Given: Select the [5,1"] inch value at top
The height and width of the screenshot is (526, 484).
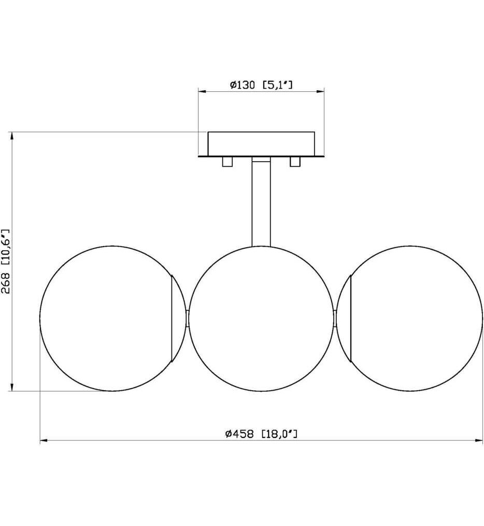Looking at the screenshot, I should (278, 85).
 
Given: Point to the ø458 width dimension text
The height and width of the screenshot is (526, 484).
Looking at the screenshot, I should (239, 434).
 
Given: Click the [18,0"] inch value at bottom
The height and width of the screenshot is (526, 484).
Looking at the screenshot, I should (280, 434).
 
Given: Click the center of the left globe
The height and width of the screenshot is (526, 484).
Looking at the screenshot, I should (112, 319).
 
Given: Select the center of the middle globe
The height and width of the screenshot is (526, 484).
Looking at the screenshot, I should (261, 319).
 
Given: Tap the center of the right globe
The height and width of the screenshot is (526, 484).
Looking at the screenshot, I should (410, 319).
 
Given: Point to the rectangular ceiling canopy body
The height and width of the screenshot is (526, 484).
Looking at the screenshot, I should (261, 144).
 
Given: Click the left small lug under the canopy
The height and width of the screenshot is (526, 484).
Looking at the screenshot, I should (226, 162).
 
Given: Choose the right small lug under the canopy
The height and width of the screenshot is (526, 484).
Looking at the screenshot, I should (295, 162).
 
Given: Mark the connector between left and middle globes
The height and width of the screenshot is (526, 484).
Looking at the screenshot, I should (187, 319).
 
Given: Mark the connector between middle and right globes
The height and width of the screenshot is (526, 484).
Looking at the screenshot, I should (336, 319).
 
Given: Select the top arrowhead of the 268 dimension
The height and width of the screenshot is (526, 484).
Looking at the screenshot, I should (11, 136).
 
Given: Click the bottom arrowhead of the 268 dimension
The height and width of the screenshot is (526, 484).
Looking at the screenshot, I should (11, 388).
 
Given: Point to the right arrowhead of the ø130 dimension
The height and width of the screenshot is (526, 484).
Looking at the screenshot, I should (321, 92).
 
